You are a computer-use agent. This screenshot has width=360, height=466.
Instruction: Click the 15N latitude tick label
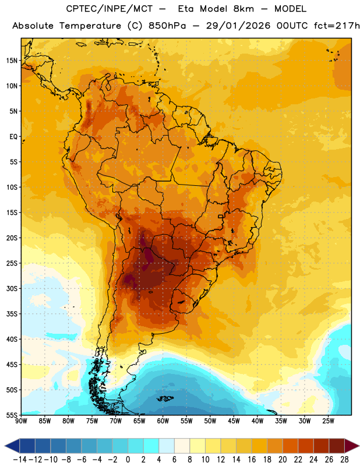[12, 61]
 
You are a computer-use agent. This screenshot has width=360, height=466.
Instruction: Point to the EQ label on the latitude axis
[13, 137]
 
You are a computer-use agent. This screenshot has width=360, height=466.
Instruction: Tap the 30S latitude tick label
[12, 288]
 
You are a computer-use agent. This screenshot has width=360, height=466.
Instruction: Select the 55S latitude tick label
[12, 415]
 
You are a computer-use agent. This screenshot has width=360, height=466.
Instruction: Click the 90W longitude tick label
[21, 421]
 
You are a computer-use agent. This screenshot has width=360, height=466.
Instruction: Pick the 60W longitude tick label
[163, 421]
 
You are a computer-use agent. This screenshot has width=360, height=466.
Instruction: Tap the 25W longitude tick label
[328, 421]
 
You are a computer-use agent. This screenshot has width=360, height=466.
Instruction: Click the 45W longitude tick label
[234, 421]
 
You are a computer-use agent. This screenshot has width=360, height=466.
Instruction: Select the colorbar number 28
[344, 460]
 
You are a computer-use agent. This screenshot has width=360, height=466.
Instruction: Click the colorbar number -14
[19, 460]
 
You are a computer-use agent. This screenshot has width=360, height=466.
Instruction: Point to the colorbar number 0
[128, 460]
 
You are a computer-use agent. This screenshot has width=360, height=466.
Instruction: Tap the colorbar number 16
[252, 460]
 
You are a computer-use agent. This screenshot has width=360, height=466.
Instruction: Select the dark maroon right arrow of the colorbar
[351, 446]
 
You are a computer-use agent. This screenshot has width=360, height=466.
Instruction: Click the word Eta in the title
[186, 9]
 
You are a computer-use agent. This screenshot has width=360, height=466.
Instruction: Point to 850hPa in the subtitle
[167, 26]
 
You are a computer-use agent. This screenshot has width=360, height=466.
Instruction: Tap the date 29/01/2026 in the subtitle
[238, 26]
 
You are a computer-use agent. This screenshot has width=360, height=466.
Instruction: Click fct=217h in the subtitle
[337, 26]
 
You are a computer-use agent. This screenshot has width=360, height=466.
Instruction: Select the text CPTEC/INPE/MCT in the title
[110, 9]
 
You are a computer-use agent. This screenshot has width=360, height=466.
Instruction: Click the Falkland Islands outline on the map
[165, 398]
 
